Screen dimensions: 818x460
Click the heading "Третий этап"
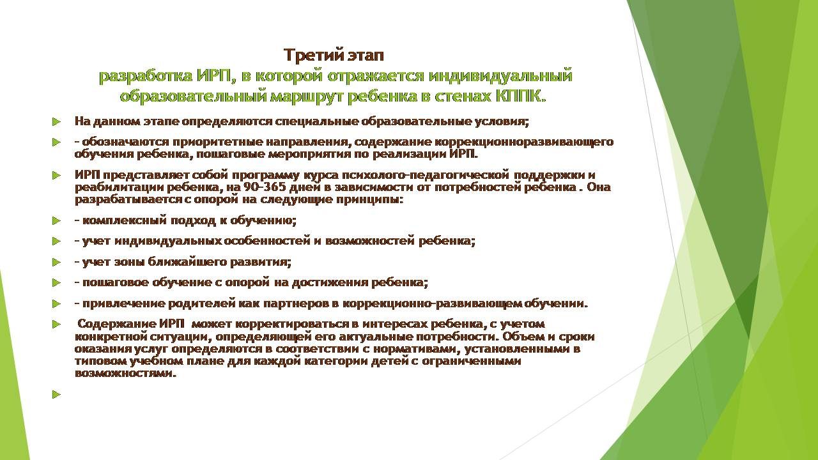[x=334, y=56]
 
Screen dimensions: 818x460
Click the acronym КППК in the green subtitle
[x=520, y=96]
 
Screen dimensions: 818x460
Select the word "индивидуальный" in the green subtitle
[x=500, y=76]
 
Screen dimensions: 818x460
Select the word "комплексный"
[x=124, y=220]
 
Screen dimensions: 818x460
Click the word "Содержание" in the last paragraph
[x=117, y=324]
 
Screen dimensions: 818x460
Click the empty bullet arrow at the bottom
[x=56, y=394]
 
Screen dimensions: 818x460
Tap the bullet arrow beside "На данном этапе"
[x=56, y=121]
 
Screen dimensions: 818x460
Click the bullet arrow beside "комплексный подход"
[x=56, y=220]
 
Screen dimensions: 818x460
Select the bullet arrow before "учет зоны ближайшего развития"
[x=56, y=262]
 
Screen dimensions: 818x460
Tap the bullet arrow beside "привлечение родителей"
[x=56, y=303]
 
